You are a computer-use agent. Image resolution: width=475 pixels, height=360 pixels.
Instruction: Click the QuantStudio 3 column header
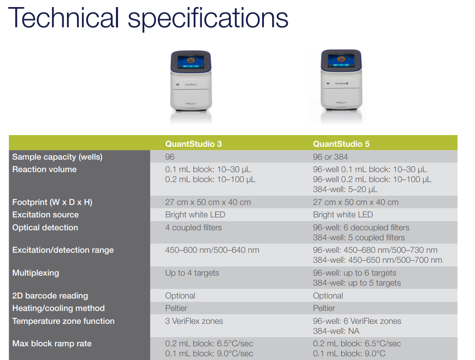click(193, 144)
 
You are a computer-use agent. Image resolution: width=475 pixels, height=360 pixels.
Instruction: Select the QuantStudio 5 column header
click(341, 144)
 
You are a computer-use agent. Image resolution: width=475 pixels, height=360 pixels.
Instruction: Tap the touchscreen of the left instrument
click(191, 62)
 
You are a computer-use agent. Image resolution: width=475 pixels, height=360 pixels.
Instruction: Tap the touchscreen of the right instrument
click(341, 61)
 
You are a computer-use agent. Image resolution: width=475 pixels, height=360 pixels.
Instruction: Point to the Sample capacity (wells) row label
click(57, 157)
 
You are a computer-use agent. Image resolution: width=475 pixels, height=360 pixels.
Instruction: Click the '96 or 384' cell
click(330, 157)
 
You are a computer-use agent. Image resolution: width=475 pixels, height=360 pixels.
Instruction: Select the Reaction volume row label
click(44, 169)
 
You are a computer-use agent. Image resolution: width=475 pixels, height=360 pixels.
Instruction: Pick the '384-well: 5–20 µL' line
click(345, 190)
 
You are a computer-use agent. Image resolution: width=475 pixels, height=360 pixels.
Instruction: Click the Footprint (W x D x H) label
click(52, 202)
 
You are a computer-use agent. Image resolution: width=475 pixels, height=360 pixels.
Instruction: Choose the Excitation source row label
click(45, 215)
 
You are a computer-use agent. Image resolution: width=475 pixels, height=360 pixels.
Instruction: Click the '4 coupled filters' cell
click(193, 228)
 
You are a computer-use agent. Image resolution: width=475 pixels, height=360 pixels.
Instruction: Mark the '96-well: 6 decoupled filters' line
click(361, 228)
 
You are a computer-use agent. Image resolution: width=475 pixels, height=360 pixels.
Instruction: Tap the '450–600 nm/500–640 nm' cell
click(212, 250)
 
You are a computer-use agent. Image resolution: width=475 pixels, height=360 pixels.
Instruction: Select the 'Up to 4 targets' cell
click(192, 273)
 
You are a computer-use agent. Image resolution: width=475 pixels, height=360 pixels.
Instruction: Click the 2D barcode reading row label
click(50, 296)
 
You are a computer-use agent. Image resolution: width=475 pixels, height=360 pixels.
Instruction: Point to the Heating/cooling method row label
click(58, 308)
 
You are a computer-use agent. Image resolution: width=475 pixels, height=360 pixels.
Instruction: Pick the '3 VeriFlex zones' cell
click(194, 321)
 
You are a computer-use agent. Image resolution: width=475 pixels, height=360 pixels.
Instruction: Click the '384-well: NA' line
click(336, 331)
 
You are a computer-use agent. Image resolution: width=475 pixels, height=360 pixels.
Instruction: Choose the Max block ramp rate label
click(52, 344)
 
